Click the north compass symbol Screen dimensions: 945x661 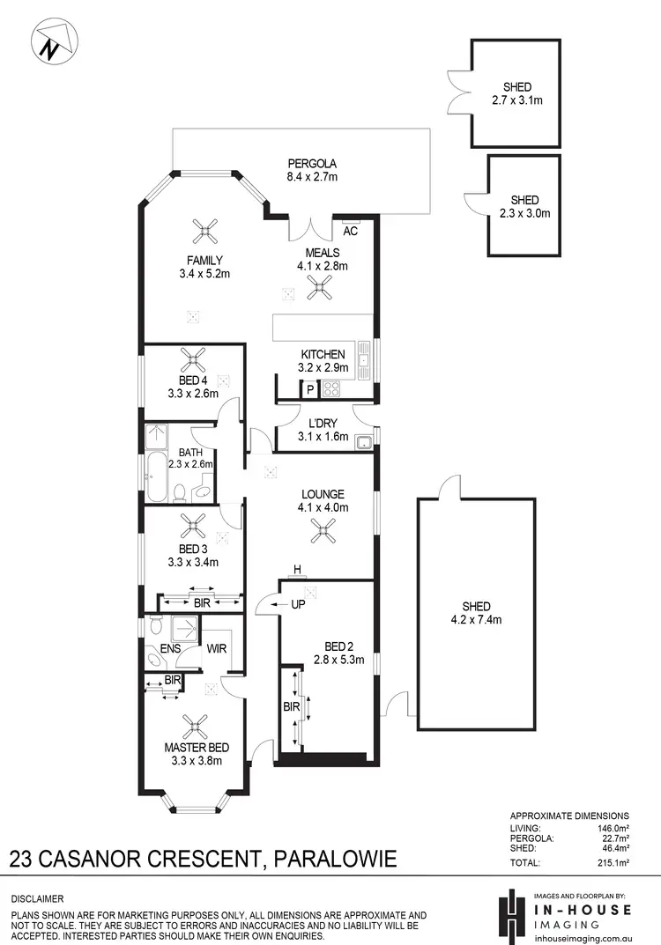[54, 42]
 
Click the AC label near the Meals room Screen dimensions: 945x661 [350, 232]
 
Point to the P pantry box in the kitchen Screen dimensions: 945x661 [310, 388]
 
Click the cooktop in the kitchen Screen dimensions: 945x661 [332, 388]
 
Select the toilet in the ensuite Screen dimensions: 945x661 [156, 626]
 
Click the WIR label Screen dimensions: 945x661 [217, 649]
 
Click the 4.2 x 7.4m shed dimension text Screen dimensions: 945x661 [476, 619]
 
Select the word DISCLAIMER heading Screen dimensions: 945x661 [37, 899]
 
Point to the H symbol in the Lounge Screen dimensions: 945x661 [298, 568]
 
